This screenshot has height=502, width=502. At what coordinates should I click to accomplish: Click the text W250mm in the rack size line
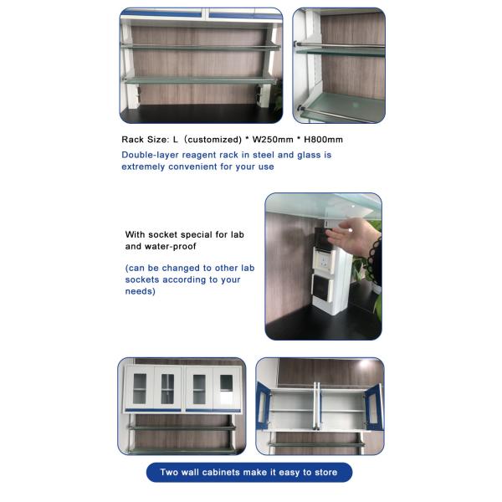(273, 140)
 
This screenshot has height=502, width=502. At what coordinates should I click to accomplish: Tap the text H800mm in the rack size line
(323, 140)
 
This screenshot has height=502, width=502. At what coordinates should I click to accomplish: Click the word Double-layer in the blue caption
(148, 156)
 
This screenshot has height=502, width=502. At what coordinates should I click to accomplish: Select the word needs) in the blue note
(141, 292)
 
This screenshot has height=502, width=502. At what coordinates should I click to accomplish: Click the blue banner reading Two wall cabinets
(249, 472)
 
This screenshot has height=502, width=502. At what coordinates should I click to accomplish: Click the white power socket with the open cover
(324, 262)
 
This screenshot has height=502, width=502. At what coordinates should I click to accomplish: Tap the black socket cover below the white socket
(321, 287)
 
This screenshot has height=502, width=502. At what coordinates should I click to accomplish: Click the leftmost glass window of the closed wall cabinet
(140, 389)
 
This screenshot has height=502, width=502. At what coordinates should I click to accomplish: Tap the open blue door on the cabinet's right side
(375, 407)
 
